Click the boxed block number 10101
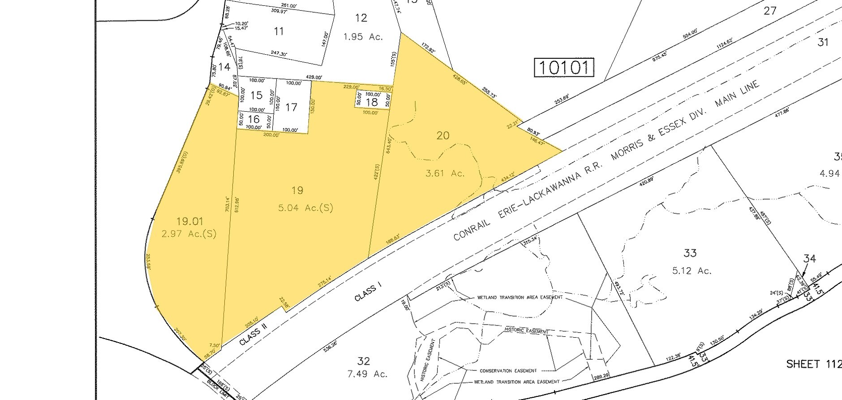click(564, 68)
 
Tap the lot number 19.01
click(189, 221)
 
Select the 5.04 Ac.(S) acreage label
click(304, 208)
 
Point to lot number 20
click(442, 135)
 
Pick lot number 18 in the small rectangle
click(372, 102)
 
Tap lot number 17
click(291, 107)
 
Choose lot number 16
click(253, 119)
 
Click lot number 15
click(256, 95)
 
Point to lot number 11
click(279, 31)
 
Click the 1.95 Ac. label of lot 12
click(363, 37)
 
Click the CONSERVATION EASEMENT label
click(507, 371)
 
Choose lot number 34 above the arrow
click(809, 258)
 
